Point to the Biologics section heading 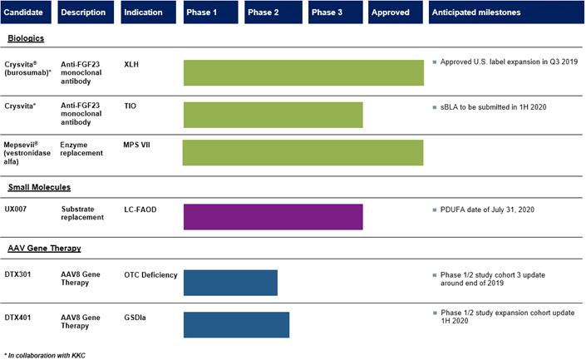point(26,38)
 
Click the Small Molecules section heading point(39,187)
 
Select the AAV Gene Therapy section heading point(44,249)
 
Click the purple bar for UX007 point(273,217)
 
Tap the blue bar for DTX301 point(230,283)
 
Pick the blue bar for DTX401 point(236,325)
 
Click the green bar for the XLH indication point(303,73)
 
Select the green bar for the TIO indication point(273,115)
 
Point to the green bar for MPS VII point(303,152)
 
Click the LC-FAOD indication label point(140,210)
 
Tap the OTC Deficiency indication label point(150,274)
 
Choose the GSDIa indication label point(135,318)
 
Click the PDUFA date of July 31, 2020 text point(487,210)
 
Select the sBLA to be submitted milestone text point(493,107)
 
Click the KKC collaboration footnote point(45,355)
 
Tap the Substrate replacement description point(82,213)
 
